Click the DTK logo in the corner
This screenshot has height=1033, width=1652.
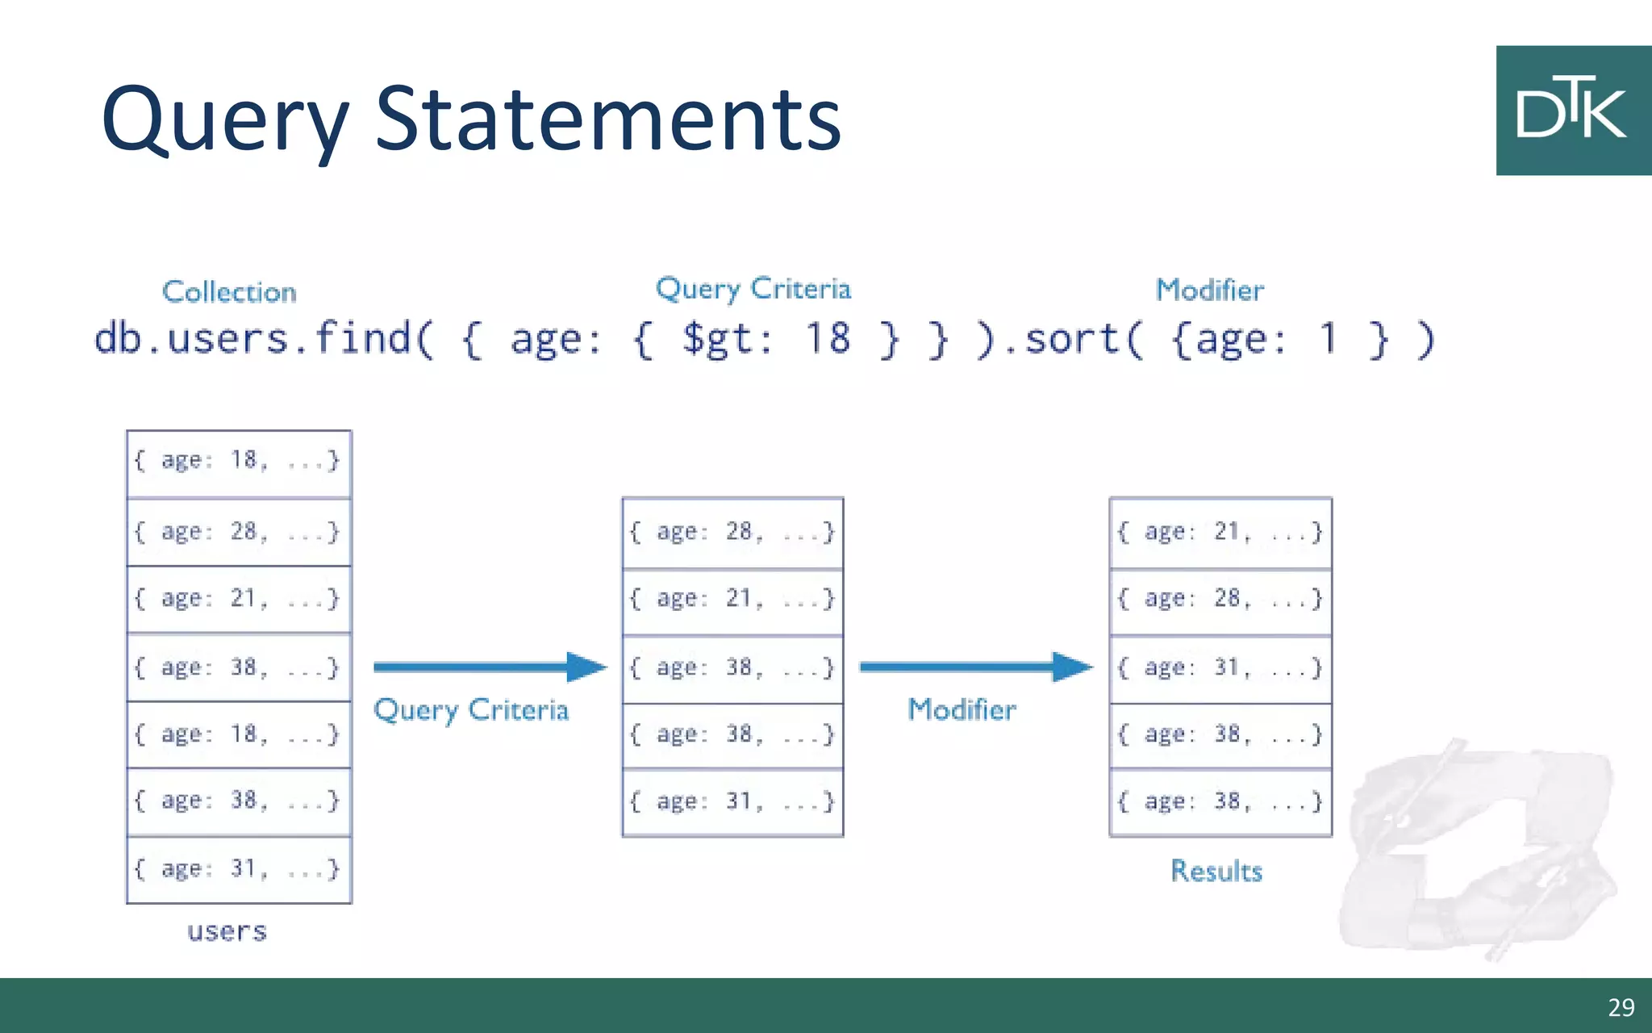tap(1572, 111)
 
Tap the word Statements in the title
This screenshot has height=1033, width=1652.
tap(608, 121)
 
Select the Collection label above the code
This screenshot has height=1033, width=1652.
tap(229, 291)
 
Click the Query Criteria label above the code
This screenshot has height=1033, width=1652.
tap(753, 289)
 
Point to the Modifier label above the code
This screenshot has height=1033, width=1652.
tap(1209, 290)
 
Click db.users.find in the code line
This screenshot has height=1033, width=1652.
tap(262, 338)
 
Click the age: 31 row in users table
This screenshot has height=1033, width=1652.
tap(239, 869)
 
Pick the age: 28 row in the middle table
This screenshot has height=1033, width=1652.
tap(732, 533)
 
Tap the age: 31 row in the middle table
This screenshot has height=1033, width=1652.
tap(732, 802)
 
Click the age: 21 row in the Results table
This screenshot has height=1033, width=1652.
tap(1220, 533)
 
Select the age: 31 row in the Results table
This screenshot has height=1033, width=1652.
tap(1220, 668)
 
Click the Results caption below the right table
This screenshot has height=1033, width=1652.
tap(1216, 871)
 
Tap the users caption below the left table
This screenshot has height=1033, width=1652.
tap(227, 932)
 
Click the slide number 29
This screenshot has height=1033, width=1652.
tap(1621, 1007)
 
